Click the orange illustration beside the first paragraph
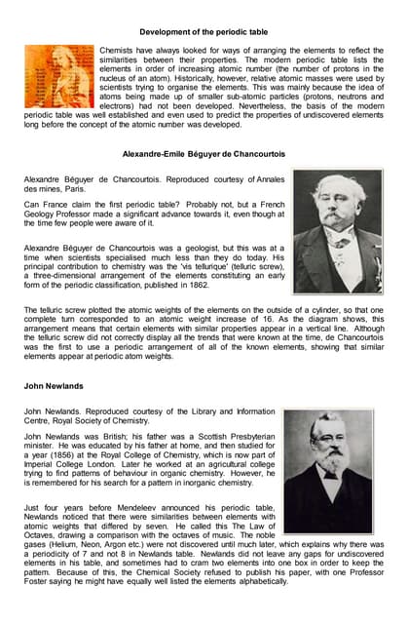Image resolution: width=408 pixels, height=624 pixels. (58, 76)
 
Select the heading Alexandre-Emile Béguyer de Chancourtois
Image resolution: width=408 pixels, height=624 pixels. (204, 154)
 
